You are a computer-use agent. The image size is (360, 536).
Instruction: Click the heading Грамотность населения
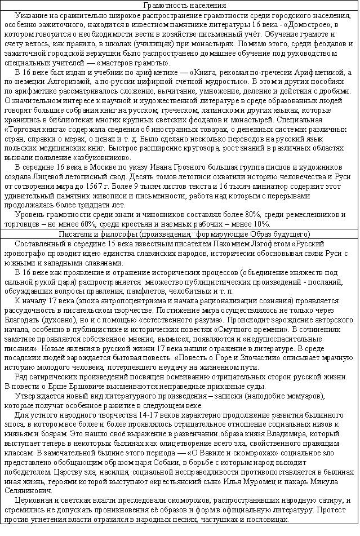pyautogui.click(x=179, y=5)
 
